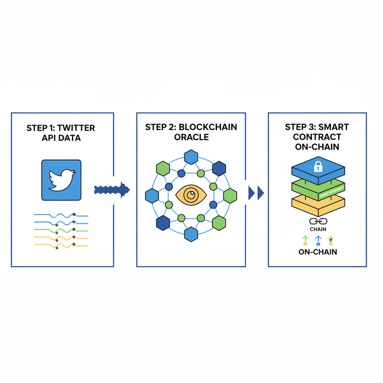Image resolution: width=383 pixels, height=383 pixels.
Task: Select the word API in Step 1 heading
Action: click(x=48, y=138)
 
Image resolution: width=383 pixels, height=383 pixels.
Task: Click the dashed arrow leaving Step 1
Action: click(x=111, y=190)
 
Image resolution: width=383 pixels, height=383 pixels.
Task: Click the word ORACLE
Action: click(x=191, y=137)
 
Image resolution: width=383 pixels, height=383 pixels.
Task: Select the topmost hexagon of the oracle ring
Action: click(x=191, y=157)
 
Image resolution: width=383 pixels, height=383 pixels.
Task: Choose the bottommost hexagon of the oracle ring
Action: click(x=191, y=234)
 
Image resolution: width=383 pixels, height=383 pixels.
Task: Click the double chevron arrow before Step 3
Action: click(x=256, y=193)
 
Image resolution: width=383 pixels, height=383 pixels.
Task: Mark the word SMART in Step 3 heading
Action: click(x=329, y=127)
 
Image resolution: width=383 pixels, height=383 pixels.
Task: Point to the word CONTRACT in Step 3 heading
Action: click(x=318, y=137)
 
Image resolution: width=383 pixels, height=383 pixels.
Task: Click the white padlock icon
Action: click(x=318, y=166)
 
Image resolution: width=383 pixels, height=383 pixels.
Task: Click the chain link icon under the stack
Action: click(x=318, y=221)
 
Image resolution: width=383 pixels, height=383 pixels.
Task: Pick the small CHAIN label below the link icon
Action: click(x=318, y=229)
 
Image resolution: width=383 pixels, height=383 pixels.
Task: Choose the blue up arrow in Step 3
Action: click(x=318, y=240)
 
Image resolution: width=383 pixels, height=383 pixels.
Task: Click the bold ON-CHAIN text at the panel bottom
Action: click(x=318, y=252)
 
